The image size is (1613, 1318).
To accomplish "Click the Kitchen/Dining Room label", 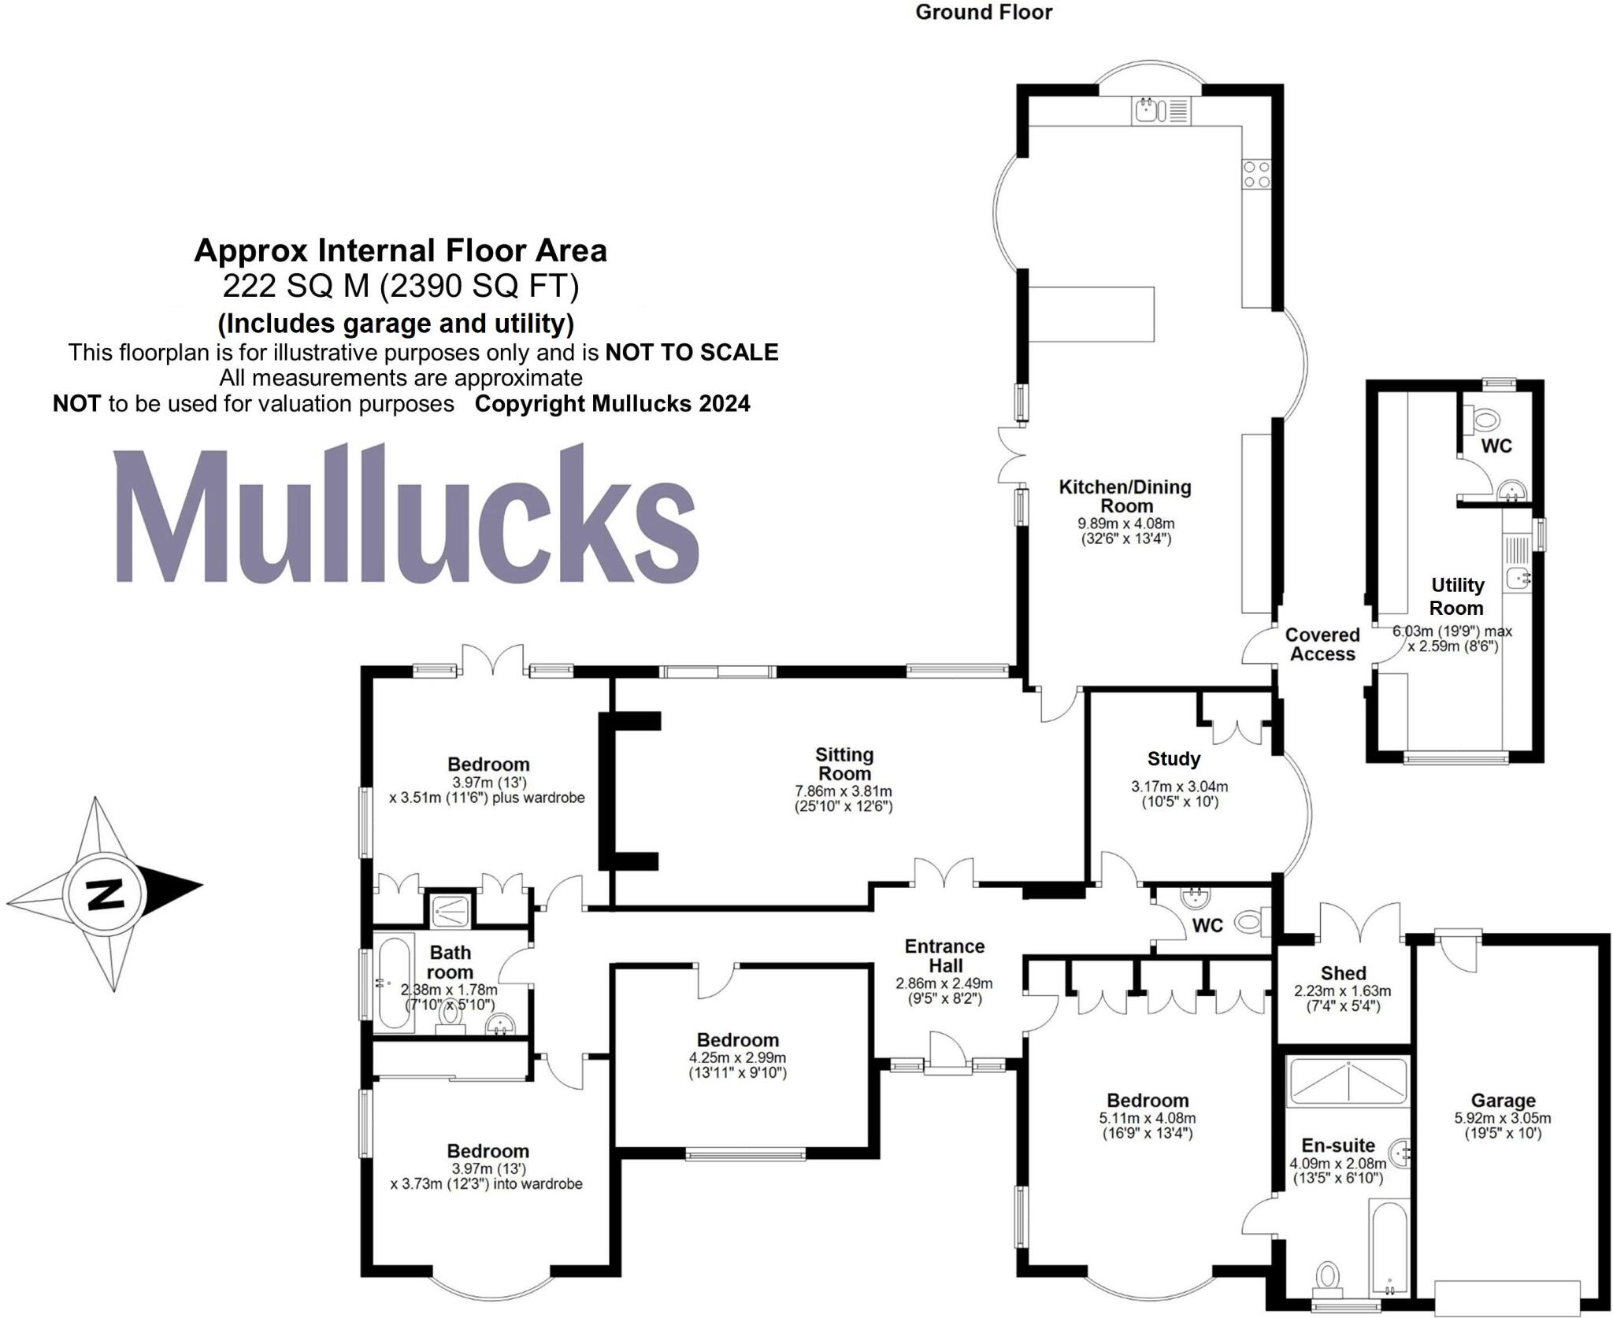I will pos(1125,496).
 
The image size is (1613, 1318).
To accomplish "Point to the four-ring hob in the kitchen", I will pos(1256,174).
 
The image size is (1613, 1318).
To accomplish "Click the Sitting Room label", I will pos(844,764).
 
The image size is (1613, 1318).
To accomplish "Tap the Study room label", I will pos(1174,759).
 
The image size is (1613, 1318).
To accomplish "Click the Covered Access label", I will pos(1322,644).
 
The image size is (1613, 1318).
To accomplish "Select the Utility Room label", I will pos(1456,596).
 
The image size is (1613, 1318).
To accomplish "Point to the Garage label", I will pos(1503,1101).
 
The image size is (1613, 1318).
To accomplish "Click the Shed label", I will pos(1343,973).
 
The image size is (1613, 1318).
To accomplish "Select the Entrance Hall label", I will pos(944,956).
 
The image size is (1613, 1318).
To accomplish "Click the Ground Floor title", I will pos(984,12).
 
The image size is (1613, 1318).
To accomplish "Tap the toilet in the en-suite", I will pos(1328,1275).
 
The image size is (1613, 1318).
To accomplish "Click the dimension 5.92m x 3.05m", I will pos(1503,1118).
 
